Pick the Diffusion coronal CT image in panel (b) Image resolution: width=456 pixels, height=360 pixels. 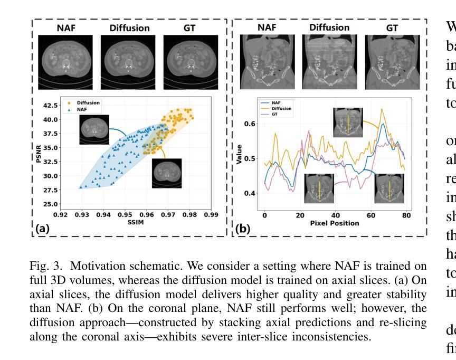coord(329,60)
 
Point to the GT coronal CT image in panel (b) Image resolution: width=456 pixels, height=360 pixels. coord(392,60)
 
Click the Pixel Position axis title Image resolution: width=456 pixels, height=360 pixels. coord(335,223)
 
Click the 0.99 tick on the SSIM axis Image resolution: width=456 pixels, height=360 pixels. coord(211,215)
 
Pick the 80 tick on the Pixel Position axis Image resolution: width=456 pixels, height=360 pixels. coord(406,215)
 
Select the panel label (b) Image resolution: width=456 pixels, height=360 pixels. coord(243,229)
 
